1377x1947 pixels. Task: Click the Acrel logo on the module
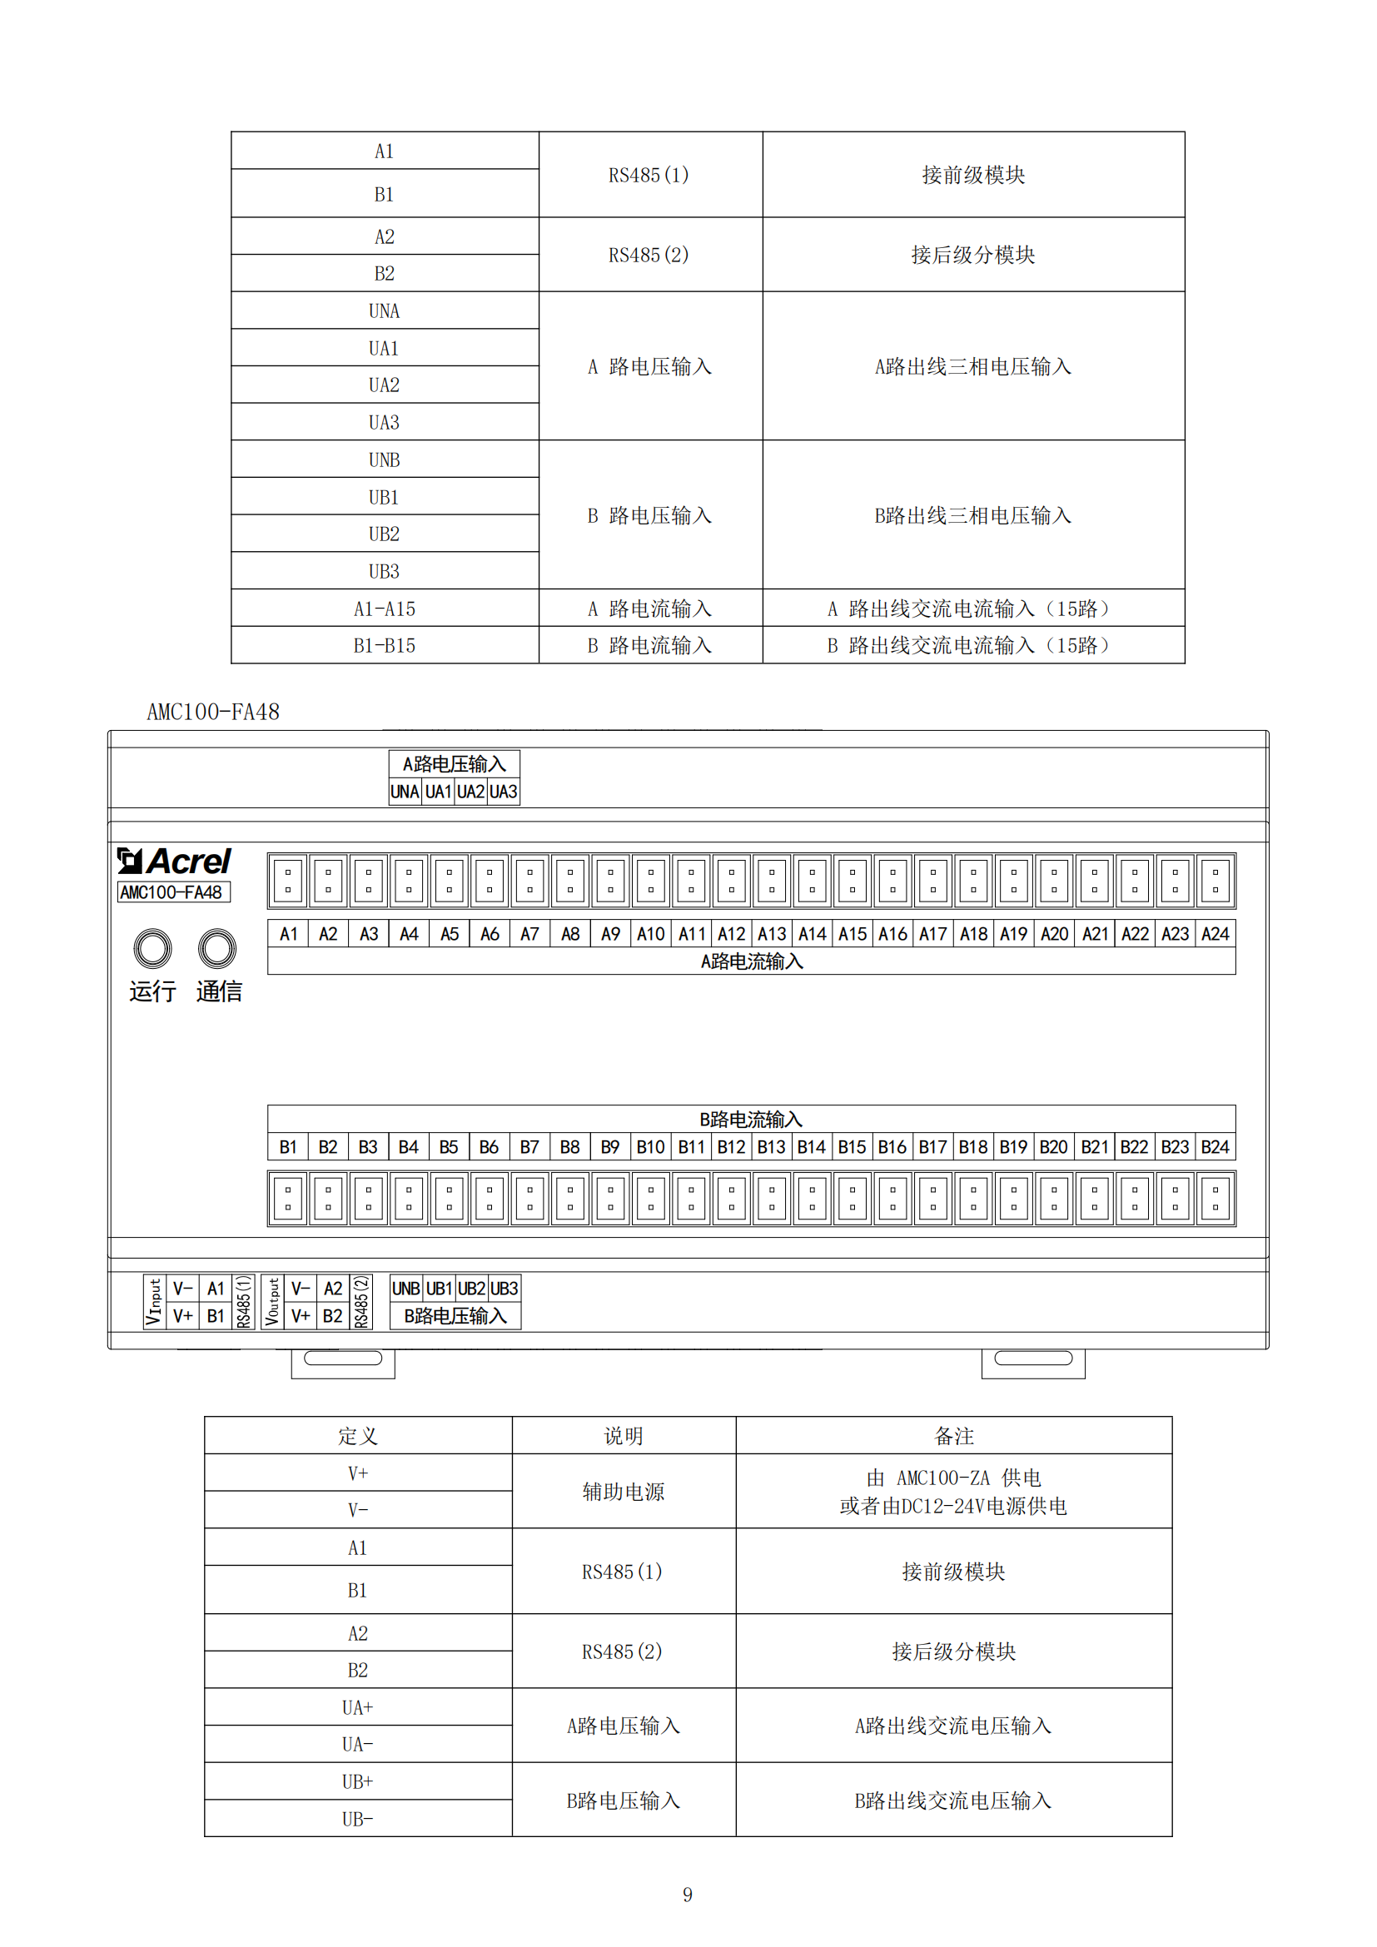[x=174, y=862]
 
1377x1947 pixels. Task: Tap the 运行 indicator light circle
[x=152, y=948]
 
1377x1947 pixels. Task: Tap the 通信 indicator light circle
[x=217, y=948]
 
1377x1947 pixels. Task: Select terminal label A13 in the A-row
[x=772, y=934]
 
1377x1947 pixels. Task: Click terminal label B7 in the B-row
[x=529, y=1147]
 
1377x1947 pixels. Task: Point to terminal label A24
[x=1215, y=934]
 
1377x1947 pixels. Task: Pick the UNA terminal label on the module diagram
[x=405, y=792]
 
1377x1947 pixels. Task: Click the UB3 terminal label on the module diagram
[x=505, y=1289]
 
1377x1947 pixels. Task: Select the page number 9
[x=688, y=1895]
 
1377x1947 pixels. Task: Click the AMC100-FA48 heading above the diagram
[x=214, y=713]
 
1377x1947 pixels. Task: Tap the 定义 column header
[x=358, y=1436]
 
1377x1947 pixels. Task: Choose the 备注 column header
[x=954, y=1436]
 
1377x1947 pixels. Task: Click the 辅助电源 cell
[x=624, y=1492]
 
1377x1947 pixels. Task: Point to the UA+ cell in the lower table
[x=358, y=1707]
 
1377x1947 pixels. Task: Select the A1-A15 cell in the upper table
[x=384, y=608]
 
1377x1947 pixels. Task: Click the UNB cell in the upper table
[x=384, y=459]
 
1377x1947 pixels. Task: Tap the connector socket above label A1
[x=288, y=881]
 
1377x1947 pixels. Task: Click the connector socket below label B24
[x=1215, y=1198]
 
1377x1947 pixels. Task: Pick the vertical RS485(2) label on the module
[x=361, y=1302]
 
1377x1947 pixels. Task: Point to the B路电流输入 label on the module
[x=751, y=1120]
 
